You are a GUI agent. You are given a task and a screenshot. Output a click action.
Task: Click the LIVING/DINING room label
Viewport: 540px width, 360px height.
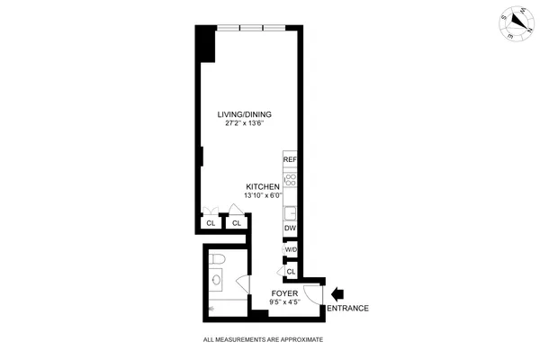coord(245,114)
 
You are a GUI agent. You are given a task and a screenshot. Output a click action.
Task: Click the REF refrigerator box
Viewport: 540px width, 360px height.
coord(290,159)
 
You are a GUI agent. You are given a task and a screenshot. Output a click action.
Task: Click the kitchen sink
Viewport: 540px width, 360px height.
coord(291,214)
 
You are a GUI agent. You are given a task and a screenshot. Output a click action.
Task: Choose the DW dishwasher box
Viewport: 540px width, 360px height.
coord(290,229)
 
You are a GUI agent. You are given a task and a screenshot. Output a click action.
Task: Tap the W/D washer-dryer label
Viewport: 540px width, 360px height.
coord(291,250)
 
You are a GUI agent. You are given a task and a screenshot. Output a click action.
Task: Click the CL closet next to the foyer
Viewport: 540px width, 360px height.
coord(291,270)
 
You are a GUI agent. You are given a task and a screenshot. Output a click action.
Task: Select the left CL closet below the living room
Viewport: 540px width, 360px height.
coord(211,222)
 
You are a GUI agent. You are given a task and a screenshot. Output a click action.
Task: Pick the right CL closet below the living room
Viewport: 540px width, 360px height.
coord(237,222)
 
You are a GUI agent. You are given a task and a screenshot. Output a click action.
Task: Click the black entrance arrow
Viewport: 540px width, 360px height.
coord(338,293)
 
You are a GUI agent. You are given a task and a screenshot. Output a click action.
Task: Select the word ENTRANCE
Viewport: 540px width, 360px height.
coord(347,309)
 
